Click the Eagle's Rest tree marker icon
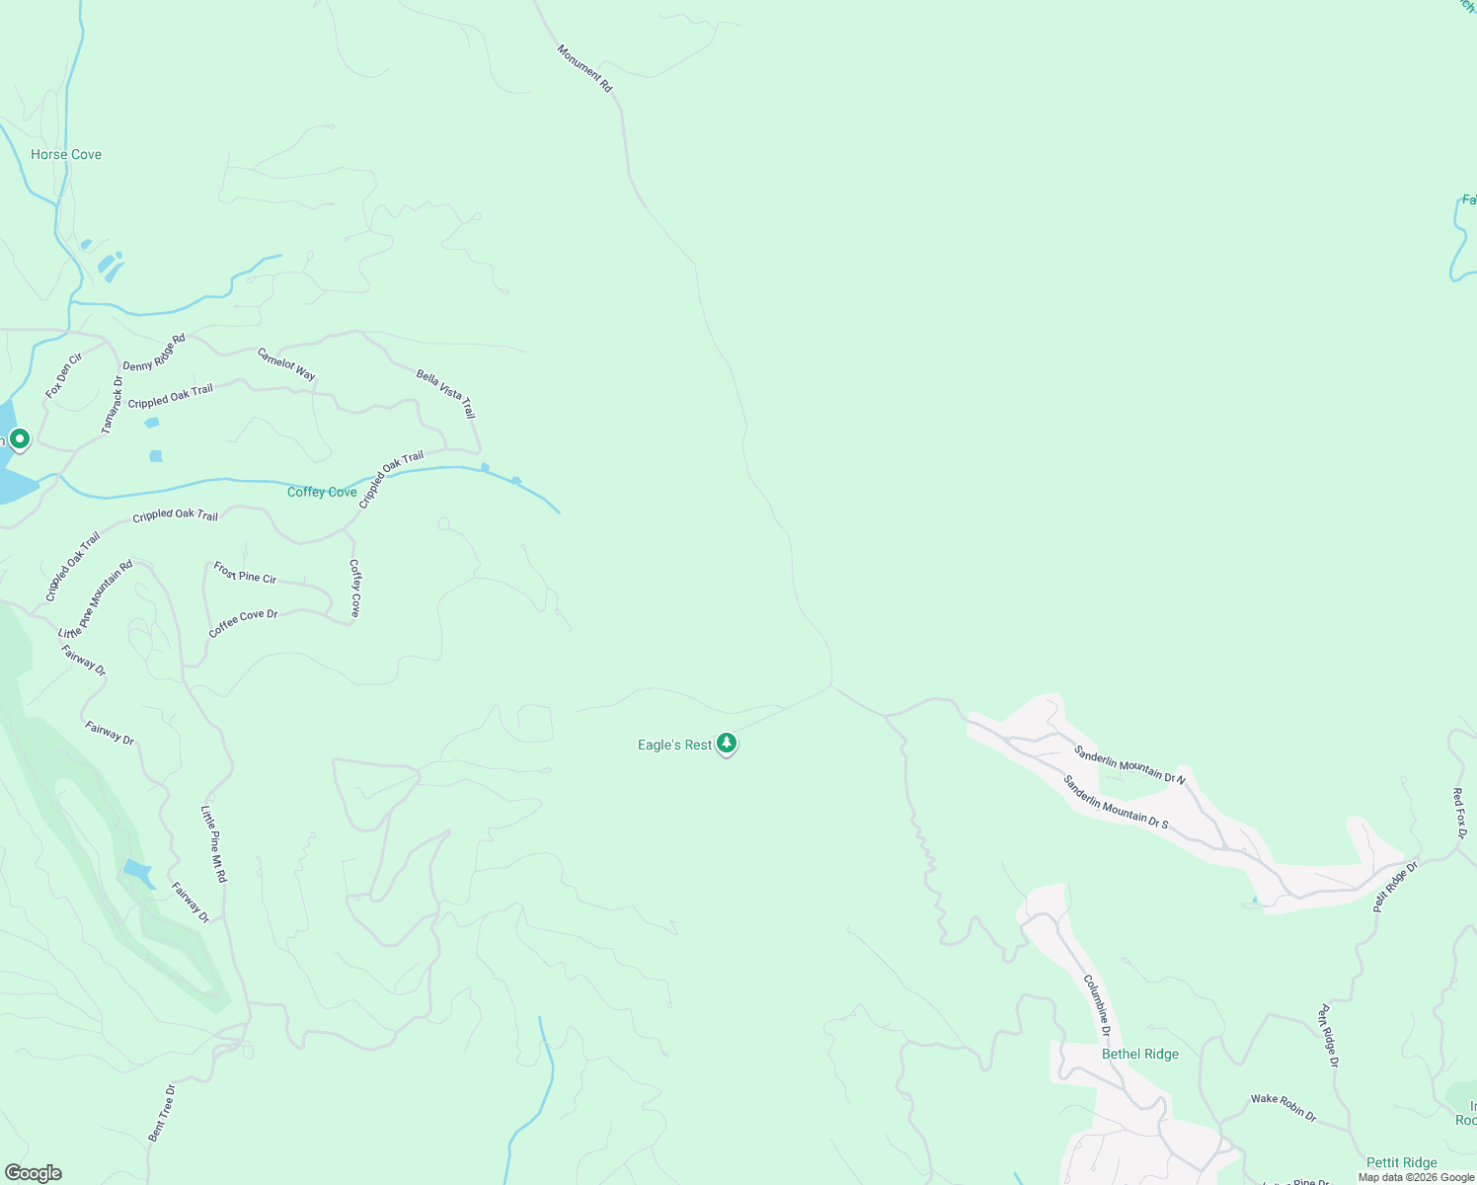coord(727,743)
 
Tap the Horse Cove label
coord(66,154)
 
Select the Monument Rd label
coord(584,68)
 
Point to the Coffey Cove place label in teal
coord(322,492)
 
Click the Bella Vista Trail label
coord(446,393)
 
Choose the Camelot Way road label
coord(286,363)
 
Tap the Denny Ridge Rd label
coord(154,353)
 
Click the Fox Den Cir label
coord(63,375)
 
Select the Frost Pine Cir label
coord(245,572)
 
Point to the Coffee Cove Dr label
coord(243,623)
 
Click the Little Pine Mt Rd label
coord(214,843)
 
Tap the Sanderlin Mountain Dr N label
coord(1129,764)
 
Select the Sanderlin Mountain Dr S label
coord(1116,802)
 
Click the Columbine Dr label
coord(1097,1005)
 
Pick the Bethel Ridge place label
coord(1140,1054)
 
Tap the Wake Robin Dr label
coord(1283,1106)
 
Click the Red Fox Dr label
coord(1460,813)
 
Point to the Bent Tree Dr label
coord(162,1114)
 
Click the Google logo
coord(34,1173)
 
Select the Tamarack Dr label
coord(113,405)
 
